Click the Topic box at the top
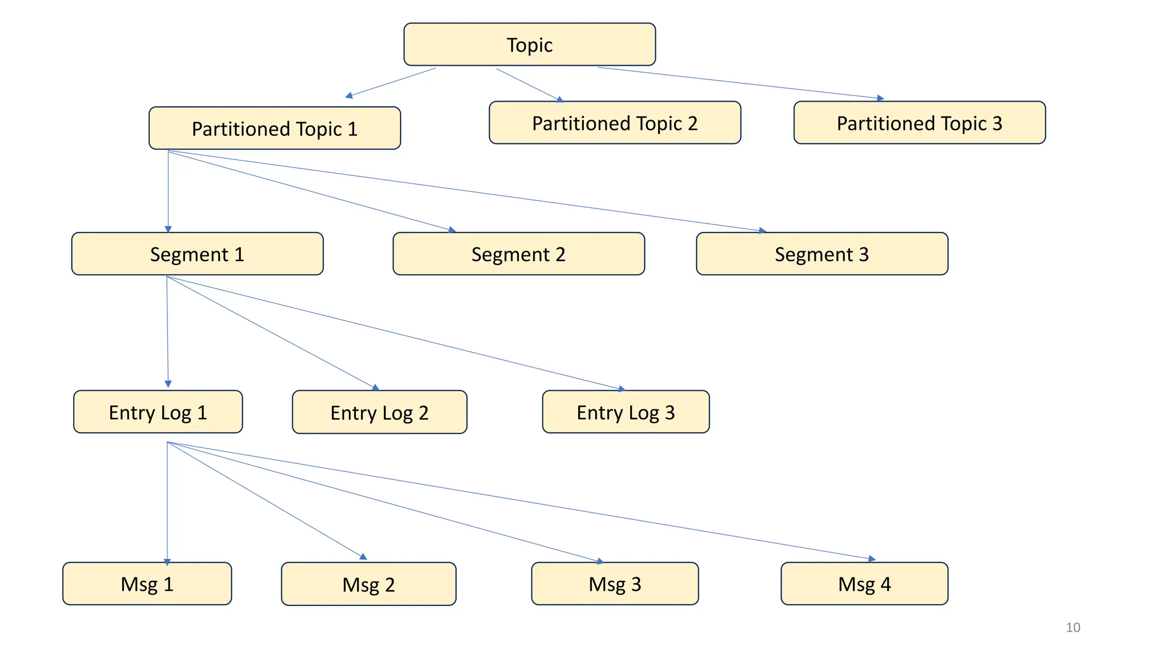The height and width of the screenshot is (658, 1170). point(530,45)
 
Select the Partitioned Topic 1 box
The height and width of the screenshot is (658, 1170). point(274,129)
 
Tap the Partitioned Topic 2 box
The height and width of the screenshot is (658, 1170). point(615,123)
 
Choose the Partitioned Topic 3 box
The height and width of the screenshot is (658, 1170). point(919,123)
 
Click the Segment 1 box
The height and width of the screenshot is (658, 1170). point(197,254)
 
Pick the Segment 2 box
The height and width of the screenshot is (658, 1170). point(518,254)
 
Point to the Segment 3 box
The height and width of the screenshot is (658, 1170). point(822,254)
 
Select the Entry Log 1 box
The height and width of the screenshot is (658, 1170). point(158,412)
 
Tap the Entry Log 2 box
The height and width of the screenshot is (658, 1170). point(379,412)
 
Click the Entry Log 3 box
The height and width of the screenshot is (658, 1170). point(626,412)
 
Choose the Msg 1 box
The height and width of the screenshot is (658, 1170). point(147,584)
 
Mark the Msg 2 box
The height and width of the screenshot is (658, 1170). point(368,584)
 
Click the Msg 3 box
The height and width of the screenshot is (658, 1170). point(615,584)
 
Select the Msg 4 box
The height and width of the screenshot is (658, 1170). point(864,584)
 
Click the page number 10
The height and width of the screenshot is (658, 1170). point(1073,627)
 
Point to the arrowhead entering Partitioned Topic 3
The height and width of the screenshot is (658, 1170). point(881,98)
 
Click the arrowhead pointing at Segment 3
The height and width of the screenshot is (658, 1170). point(763,231)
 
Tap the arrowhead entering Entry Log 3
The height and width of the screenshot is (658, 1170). point(622,389)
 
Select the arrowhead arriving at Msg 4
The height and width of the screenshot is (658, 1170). point(872,559)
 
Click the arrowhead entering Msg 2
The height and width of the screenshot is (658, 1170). point(363,556)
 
